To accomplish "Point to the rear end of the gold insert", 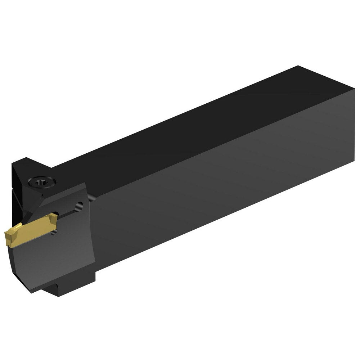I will pyautogui.click(x=54, y=217).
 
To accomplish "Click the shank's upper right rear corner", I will pyautogui.click(x=354, y=90).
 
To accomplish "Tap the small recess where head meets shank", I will pyautogui.click(x=92, y=197).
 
